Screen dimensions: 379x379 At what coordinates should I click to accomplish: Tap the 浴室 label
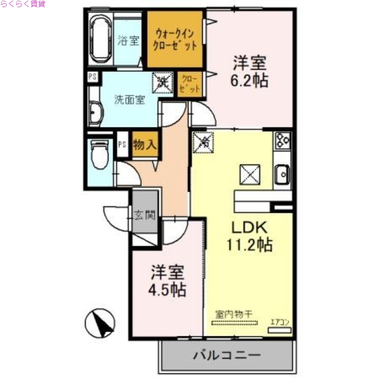[x=128, y=40]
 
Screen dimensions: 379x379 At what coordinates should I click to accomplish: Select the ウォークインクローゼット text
[x=176, y=40]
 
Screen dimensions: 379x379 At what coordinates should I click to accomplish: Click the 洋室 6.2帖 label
[x=249, y=72]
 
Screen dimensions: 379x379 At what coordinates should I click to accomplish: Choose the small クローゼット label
[x=191, y=83]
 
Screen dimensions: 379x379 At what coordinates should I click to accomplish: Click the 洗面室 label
[x=129, y=100]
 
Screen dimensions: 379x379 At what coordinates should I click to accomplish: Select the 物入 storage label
[x=144, y=145]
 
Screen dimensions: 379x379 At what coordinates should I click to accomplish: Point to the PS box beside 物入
[x=122, y=145]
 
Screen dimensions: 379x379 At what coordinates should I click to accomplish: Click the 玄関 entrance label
[x=144, y=216]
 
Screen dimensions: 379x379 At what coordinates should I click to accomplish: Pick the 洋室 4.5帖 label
[x=168, y=281]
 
